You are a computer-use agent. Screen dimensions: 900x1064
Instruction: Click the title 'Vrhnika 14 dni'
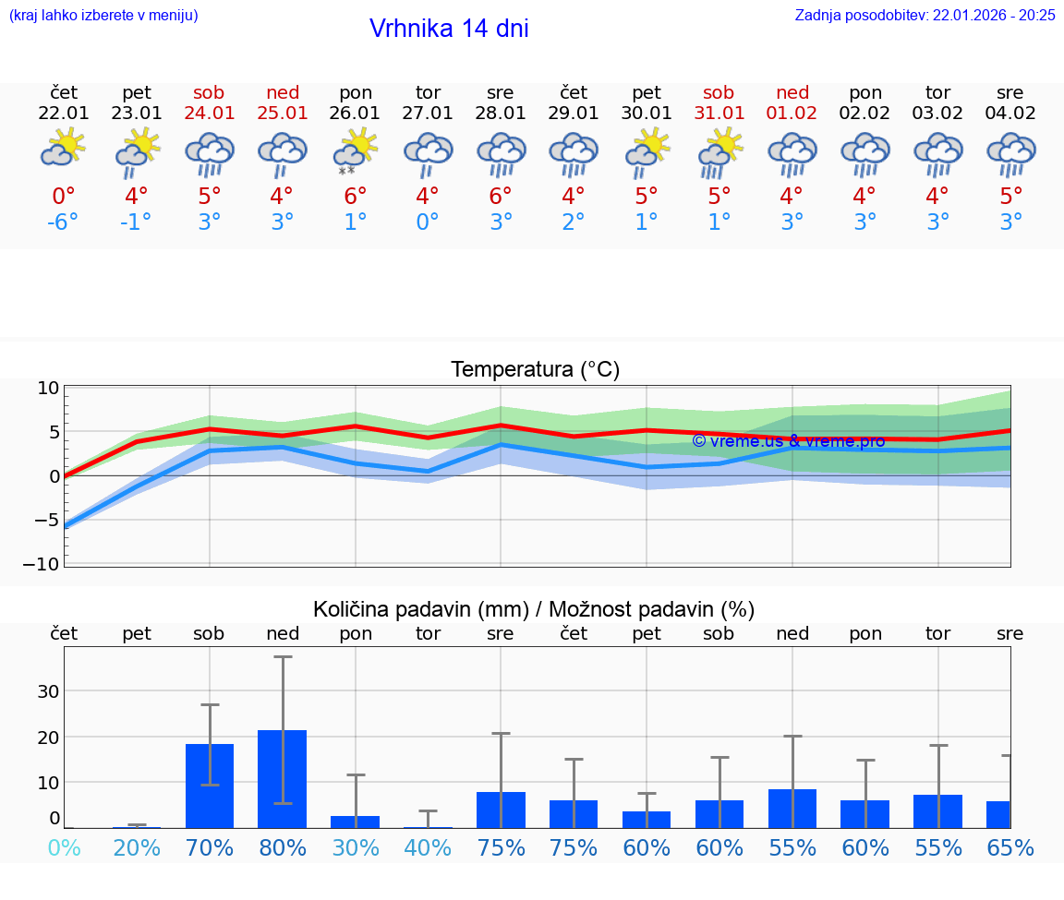tap(449, 29)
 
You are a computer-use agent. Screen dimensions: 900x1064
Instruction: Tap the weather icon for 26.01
tap(356, 151)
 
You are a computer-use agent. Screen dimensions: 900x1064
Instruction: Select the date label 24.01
tap(210, 114)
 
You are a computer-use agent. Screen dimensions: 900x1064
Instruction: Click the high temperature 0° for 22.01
tap(64, 197)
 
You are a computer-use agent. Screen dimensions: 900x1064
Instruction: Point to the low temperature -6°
tap(64, 222)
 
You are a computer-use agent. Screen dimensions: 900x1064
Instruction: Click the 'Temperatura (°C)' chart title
tap(535, 370)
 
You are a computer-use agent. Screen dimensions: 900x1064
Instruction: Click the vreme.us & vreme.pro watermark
tap(788, 441)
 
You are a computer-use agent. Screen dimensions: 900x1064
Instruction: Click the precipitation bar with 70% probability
tap(210, 786)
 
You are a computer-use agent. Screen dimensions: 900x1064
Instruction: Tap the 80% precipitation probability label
tap(283, 847)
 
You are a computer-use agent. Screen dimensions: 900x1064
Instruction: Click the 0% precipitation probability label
tap(64, 847)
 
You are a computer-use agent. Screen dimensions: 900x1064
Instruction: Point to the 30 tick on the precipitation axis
tap(48, 691)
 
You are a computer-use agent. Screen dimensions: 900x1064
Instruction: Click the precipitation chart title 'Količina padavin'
tap(534, 609)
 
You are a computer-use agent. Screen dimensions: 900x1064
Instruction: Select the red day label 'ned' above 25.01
tap(283, 92)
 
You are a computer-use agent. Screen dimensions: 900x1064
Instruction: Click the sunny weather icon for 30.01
tap(647, 151)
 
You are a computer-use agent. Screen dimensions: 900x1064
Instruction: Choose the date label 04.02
tap(1010, 114)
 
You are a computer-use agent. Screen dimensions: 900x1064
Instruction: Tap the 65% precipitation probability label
tap(1010, 847)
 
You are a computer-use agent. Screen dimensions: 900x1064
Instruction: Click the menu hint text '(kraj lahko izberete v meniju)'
tap(103, 16)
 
